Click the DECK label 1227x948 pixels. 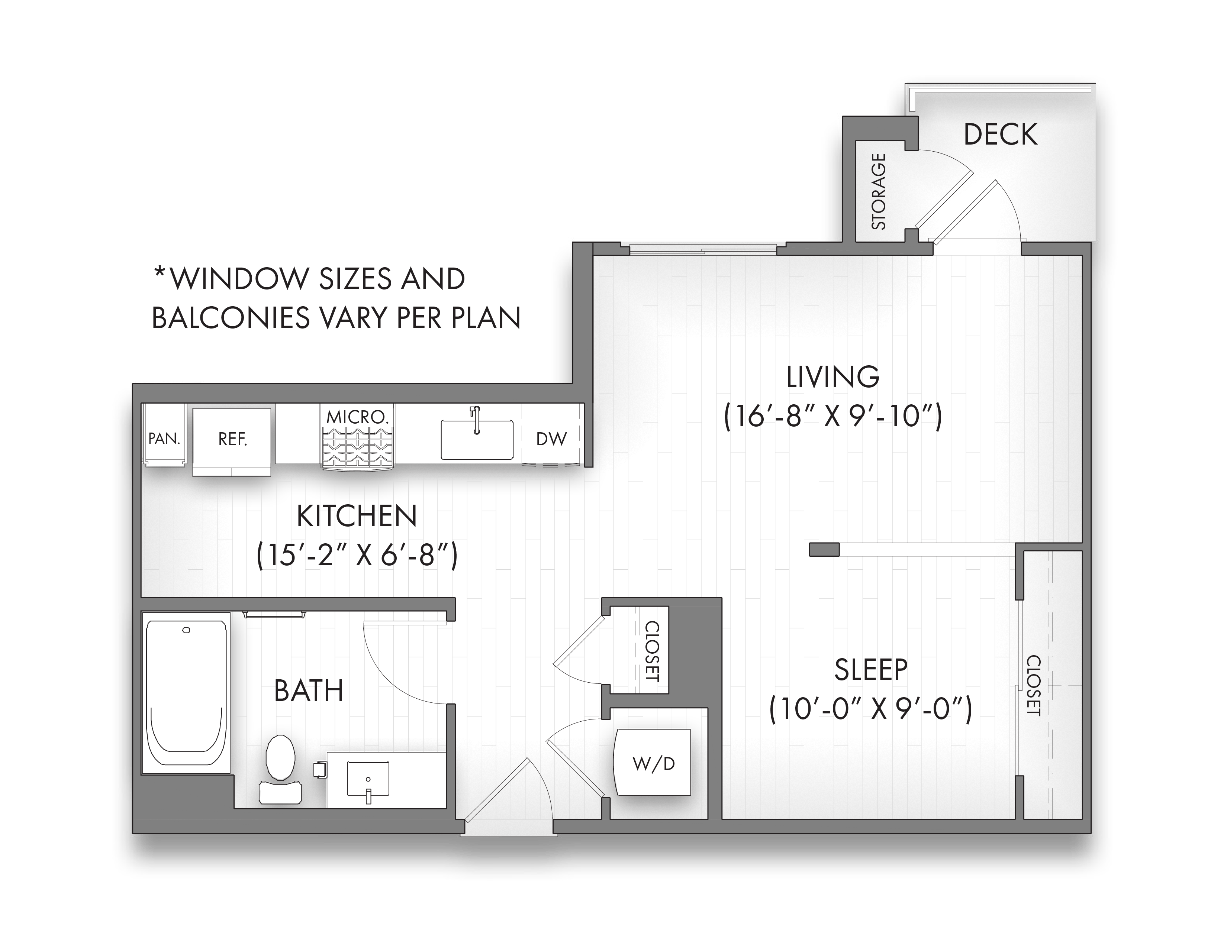pyautogui.click(x=1000, y=135)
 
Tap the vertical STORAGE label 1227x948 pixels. pyautogui.click(x=878, y=191)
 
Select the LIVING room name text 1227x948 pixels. pyautogui.click(x=832, y=377)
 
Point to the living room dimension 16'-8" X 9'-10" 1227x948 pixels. pyautogui.click(x=832, y=416)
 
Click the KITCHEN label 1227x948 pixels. pyautogui.click(x=357, y=516)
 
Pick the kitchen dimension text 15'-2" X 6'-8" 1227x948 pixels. pyautogui.click(x=357, y=556)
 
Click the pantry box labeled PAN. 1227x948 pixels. pyautogui.click(x=164, y=438)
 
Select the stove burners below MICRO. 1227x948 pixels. pyautogui.click(x=358, y=447)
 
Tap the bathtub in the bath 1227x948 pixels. pyautogui.click(x=186, y=693)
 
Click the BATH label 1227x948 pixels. pyautogui.click(x=309, y=691)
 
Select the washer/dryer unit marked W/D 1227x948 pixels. pyautogui.click(x=653, y=763)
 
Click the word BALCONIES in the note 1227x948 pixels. pyautogui.click(x=231, y=318)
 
